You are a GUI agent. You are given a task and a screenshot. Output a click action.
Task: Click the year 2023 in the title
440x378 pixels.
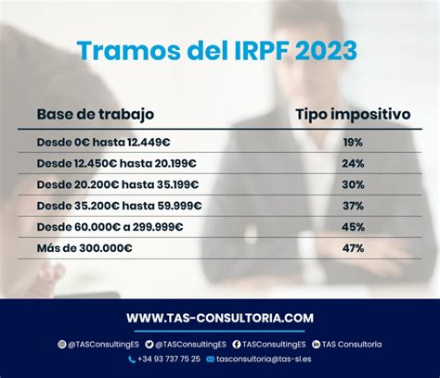coord(326,50)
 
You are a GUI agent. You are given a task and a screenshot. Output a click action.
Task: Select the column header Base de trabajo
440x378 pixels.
coord(96,114)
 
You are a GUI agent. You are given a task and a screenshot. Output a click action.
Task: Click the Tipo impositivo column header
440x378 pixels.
coord(353,115)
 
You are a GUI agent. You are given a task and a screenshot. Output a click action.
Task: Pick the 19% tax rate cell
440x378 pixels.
coord(353,143)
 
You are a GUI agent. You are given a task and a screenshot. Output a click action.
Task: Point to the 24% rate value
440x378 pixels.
coord(353,163)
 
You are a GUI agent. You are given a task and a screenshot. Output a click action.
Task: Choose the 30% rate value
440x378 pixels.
coord(353,184)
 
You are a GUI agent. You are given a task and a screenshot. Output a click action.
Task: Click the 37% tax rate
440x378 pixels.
coord(353,206)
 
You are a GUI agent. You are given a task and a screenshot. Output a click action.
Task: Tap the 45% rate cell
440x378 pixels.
coord(353,227)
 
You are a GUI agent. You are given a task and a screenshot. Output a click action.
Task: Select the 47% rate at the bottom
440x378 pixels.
coord(353,248)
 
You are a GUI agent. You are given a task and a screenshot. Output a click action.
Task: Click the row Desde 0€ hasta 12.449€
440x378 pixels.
coord(103,143)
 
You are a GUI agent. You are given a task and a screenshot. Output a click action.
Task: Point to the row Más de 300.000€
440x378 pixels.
coord(84,248)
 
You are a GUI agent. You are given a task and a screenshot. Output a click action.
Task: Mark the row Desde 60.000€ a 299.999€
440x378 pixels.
coord(110,227)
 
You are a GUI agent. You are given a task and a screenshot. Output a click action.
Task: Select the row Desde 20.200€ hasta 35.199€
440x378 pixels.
coord(118,184)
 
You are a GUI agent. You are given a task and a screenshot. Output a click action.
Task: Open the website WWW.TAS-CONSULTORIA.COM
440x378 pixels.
coord(220,318)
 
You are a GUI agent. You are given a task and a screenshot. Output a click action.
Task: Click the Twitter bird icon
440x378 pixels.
coord(149,344)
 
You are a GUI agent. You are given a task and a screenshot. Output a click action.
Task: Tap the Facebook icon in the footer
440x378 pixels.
coord(237,344)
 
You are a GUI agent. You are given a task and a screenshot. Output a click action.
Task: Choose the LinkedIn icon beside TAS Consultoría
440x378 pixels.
coord(316,344)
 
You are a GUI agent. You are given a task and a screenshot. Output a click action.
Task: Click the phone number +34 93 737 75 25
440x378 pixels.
coord(169,359)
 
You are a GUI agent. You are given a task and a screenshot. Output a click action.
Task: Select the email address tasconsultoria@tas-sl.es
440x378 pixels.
coord(264,359)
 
